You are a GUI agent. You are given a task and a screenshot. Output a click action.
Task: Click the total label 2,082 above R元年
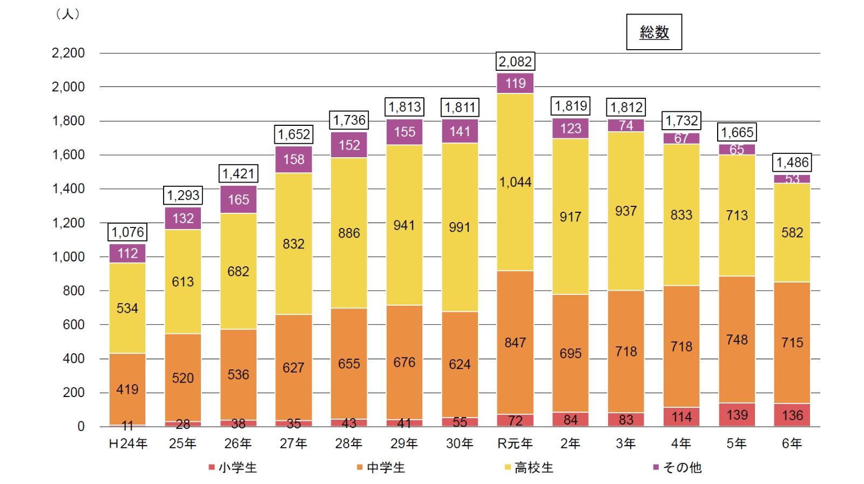pos(515,62)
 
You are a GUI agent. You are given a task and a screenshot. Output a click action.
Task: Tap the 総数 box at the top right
pos(654,32)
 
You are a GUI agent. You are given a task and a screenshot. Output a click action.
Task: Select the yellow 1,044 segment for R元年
pos(515,182)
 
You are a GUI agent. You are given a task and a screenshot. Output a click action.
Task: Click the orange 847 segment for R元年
pos(515,342)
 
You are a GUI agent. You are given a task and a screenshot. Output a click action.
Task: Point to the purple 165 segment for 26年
pos(238,200)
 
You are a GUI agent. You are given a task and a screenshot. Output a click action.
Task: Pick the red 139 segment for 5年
pos(737,415)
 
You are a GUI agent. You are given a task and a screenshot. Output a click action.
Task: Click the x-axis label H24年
pos(128,443)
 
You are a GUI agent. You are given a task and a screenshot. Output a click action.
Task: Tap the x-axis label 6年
pos(792,443)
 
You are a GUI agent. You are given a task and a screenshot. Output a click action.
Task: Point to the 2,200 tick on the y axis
pos(68,53)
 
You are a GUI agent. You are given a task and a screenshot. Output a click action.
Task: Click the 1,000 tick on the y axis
pos(68,257)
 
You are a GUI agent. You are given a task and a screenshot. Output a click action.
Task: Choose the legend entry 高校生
pos(529,467)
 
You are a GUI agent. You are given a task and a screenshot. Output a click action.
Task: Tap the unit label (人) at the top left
pos(68,14)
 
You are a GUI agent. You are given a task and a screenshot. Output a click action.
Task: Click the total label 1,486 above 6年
pos(792,163)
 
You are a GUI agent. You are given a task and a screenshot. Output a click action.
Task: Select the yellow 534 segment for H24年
pos(127,308)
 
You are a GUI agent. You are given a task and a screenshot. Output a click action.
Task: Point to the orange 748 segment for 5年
pos(737,340)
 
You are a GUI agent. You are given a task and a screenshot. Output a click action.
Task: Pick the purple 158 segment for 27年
pos(294,159)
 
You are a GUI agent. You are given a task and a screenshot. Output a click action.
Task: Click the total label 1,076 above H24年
pos(127,232)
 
